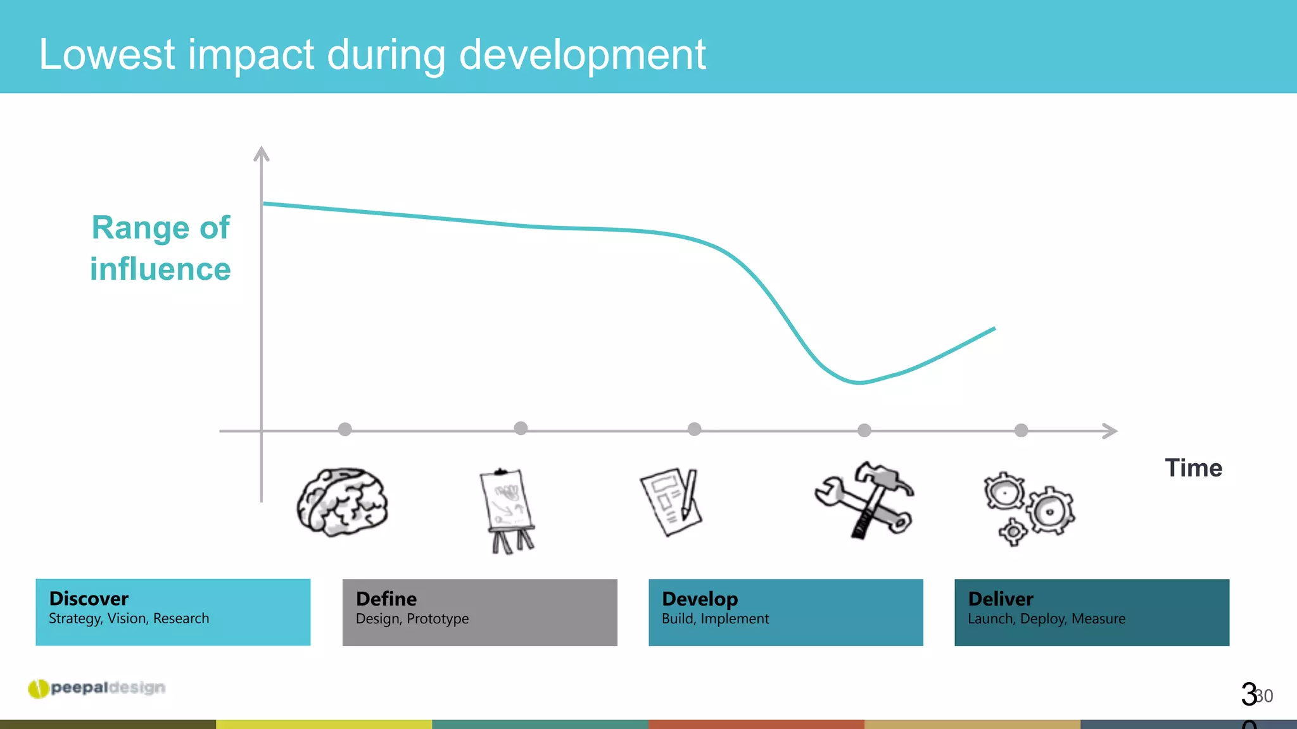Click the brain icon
coord(343,502)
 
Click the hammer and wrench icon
coord(865,500)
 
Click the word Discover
coord(89,599)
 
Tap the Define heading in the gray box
coord(386,599)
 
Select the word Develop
coord(700,599)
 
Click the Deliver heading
coord(1001,599)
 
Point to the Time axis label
coord(1193,468)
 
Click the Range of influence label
coord(161,248)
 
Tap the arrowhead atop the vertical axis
coord(262,153)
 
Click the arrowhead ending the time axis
coord(1110,431)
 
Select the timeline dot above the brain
coord(345,430)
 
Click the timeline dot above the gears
coord(1021,430)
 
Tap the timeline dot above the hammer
coord(864,430)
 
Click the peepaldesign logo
coord(97,688)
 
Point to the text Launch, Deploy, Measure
coord(1046,619)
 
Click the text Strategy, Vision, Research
coord(129,619)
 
